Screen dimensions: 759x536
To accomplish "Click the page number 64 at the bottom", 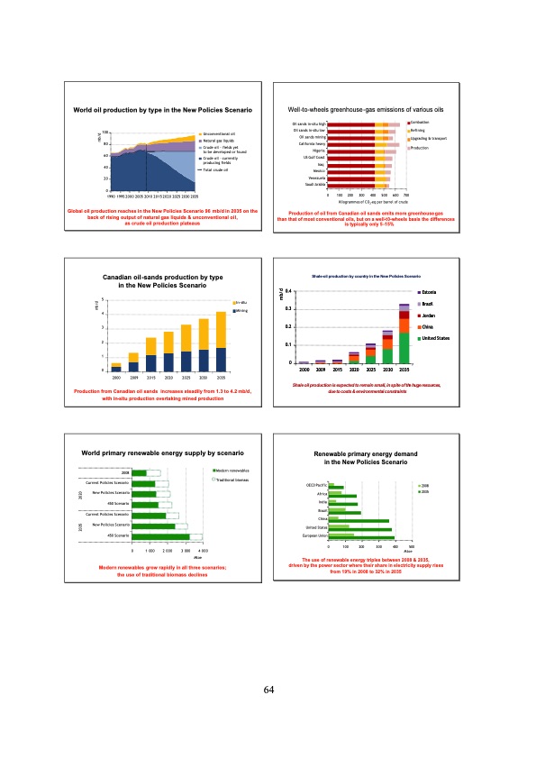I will [268, 690].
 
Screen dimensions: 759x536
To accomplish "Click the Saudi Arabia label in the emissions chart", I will [312, 185].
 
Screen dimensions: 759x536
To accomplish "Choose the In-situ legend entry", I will [242, 302].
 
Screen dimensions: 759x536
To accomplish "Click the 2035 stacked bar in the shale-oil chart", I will [404, 334].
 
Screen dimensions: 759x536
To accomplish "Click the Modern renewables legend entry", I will [233, 471].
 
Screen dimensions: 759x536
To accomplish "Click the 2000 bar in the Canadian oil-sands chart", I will [116, 365].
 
